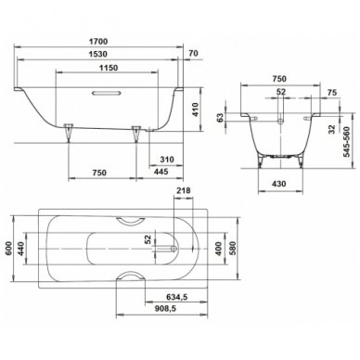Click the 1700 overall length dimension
(x=98, y=41)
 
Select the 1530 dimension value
(x=98, y=54)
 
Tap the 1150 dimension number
(x=109, y=68)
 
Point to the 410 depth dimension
(x=195, y=109)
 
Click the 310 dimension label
(x=167, y=160)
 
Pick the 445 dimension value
(x=161, y=172)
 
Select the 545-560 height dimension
(x=347, y=142)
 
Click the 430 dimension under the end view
(x=279, y=184)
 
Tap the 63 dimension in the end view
(x=220, y=118)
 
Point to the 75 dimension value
(x=332, y=93)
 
